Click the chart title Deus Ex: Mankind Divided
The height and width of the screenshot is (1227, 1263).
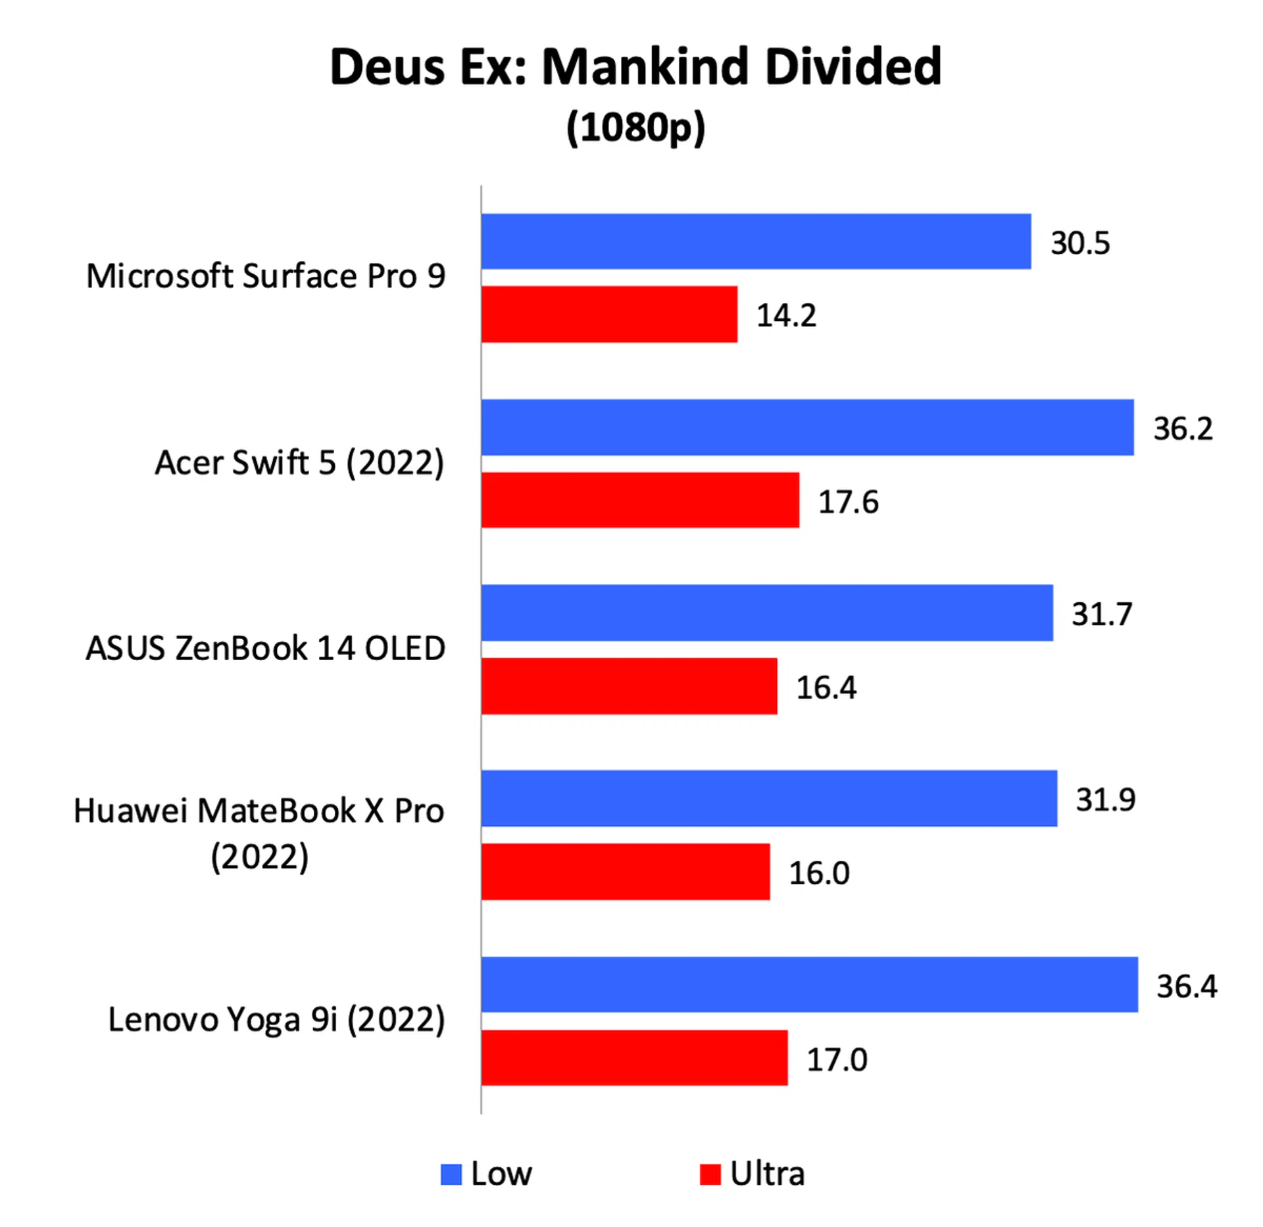click(635, 66)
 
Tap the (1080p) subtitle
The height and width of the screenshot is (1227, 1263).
click(635, 126)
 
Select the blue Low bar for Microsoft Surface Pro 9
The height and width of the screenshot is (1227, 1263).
click(756, 241)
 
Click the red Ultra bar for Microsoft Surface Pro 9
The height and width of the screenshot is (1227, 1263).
click(609, 314)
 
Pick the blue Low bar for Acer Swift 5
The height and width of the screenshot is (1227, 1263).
click(807, 427)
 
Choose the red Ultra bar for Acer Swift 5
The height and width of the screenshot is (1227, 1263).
click(640, 500)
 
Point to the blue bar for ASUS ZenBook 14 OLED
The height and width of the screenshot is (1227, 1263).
click(767, 613)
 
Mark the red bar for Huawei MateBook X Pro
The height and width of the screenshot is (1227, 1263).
click(626, 872)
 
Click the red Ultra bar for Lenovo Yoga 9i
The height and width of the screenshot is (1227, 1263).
click(634, 1058)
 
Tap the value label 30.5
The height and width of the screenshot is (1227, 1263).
click(1080, 243)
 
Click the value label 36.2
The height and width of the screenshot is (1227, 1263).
click(1183, 429)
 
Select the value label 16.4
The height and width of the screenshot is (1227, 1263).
click(826, 688)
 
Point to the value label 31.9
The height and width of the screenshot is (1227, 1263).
click(1106, 800)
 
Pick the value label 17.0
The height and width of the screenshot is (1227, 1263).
click(837, 1059)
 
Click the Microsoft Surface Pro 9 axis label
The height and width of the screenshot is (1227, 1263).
click(266, 276)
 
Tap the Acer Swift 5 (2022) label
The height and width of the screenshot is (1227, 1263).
click(300, 462)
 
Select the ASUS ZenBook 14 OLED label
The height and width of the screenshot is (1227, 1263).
click(266, 648)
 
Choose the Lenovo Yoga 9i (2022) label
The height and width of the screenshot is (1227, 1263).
click(276, 1020)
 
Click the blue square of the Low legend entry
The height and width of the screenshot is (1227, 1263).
click(451, 1175)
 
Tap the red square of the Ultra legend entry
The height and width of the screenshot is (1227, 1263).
click(710, 1175)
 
